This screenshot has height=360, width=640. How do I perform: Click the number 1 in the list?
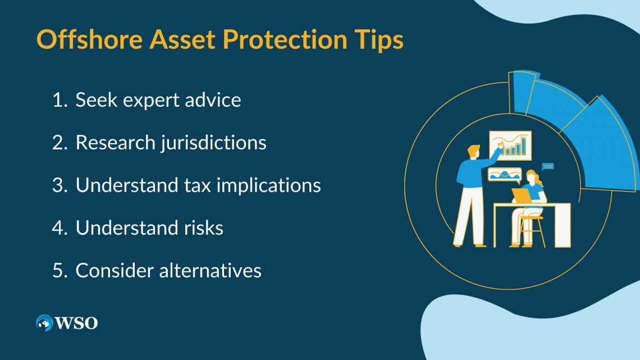click(58, 100)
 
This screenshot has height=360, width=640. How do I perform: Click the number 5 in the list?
click(59, 271)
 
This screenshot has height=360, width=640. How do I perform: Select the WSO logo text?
click(77, 323)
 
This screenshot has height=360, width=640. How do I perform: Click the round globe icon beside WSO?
click(44, 322)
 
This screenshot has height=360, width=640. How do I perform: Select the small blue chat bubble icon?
click(548, 166)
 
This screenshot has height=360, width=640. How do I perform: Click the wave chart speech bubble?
click(504, 175)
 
